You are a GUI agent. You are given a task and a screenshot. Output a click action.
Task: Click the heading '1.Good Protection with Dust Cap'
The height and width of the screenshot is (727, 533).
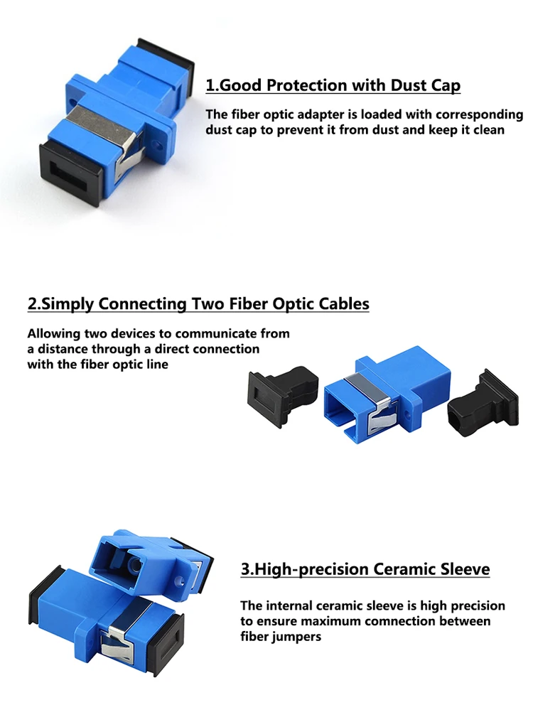(333, 86)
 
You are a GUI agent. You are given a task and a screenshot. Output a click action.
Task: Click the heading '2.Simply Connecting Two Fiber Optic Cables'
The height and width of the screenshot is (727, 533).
(198, 304)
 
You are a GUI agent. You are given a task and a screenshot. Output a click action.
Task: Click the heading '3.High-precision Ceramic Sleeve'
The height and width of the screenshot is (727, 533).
(365, 569)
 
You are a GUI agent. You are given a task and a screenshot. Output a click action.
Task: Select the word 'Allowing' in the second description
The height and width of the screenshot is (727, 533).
(54, 333)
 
